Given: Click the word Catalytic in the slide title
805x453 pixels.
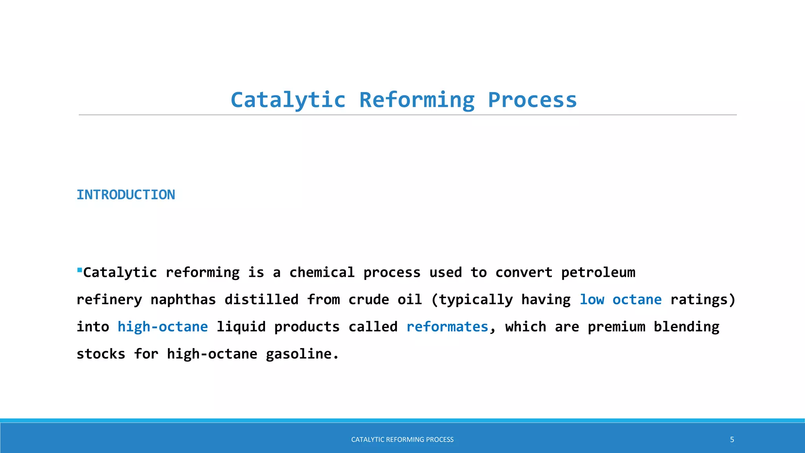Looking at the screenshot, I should pyautogui.click(x=288, y=100).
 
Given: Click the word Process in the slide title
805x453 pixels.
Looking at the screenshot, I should pyautogui.click(x=532, y=100).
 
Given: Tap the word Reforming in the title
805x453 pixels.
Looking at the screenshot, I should pyautogui.click(x=417, y=100).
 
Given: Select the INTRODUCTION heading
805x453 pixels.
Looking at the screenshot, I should pyautogui.click(x=126, y=195).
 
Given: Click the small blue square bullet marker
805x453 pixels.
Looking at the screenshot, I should pyautogui.click(x=79, y=270).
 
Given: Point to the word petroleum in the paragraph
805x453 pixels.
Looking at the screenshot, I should pyautogui.click(x=598, y=273).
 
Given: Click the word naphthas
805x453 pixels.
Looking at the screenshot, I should pyautogui.click(x=183, y=300).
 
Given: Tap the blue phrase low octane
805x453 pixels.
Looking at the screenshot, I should pyautogui.click(x=620, y=300).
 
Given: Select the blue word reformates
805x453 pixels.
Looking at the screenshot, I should pyautogui.click(x=447, y=327).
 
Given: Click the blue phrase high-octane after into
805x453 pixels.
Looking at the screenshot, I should pyautogui.click(x=162, y=327).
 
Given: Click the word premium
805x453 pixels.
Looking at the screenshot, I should pyautogui.click(x=616, y=327).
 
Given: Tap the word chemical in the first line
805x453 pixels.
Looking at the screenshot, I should pyautogui.click(x=322, y=273).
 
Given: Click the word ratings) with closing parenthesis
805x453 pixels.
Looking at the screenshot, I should pyautogui.click(x=702, y=300).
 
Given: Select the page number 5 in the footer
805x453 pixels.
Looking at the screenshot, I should pyautogui.click(x=732, y=440).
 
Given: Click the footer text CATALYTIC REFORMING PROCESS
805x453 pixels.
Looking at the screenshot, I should pyautogui.click(x=402, y=440).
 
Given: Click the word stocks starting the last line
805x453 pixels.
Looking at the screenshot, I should pyautogui.click(x=101, y=354).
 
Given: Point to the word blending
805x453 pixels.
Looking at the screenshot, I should pyautogui.click(x=686, y=327).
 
